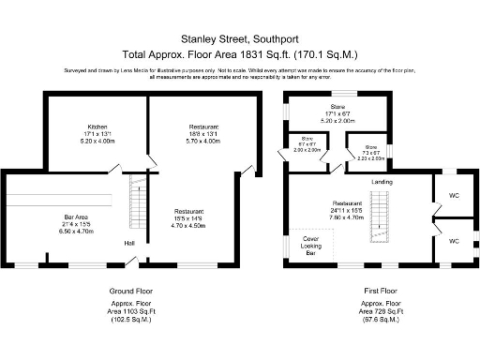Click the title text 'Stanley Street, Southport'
pyautogui.click(x=239, y=40)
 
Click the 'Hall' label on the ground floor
pyautogui.click(x=127, y=244)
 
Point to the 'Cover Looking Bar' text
pyautogui.click(x=308, y=246)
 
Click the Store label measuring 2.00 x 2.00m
pyautogui.click(x=307, y=142)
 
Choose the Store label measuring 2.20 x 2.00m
pyautogui.click(x=370, y=147)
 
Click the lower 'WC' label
pyautogui.click(x=453, y=241)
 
